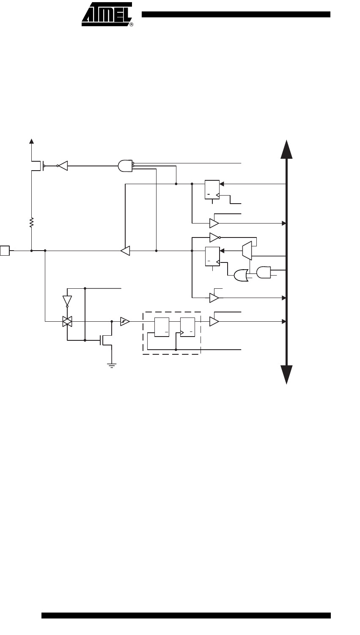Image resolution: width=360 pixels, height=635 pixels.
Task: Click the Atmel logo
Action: coord(107,14)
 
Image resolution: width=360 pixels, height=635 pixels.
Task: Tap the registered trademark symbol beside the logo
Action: coord(132,25)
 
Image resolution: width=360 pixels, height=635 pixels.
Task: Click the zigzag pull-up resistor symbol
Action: coord(31,222)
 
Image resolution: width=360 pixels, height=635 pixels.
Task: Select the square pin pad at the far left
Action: coord(5,251)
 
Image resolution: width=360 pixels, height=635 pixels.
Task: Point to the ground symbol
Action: coord(112,365)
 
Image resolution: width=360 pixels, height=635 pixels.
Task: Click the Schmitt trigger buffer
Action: coord(125,321)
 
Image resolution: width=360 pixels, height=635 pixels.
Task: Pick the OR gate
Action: coord(241,275)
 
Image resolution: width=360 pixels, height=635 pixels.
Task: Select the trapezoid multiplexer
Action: coord(247,251)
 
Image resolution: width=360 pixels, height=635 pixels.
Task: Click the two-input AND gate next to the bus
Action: coord(264,273)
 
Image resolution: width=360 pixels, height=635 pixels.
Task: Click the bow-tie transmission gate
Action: coord(67,321)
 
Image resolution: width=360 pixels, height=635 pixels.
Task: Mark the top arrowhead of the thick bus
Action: coord(286,149)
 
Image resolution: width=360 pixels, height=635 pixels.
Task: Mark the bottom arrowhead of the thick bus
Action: coord(286,375)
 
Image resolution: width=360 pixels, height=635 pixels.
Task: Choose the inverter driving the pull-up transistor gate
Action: coord(62,166)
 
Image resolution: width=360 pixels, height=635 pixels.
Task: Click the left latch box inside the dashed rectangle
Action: coord(162,327)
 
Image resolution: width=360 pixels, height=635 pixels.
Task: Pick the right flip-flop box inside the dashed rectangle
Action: coord(187,327)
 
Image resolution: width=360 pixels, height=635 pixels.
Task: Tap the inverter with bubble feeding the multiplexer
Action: coord(215,237)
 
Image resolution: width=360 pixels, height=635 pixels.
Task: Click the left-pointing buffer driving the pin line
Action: coord(125,251)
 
